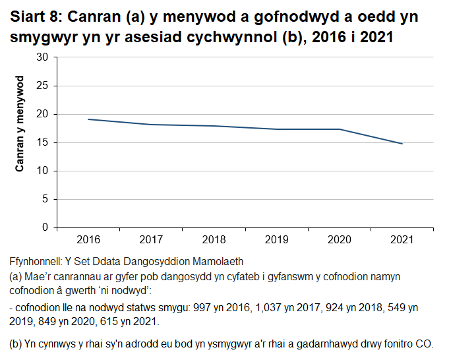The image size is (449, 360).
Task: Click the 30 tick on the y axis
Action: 44,57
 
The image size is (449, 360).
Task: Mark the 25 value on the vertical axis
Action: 44,86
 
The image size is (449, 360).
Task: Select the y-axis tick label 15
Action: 44,142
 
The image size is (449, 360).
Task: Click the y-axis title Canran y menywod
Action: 20,125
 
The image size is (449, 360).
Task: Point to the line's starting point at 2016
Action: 88,119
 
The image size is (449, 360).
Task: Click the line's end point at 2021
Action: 402,144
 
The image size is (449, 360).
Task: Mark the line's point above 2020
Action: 339,129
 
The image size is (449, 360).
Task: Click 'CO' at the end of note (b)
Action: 428,345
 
